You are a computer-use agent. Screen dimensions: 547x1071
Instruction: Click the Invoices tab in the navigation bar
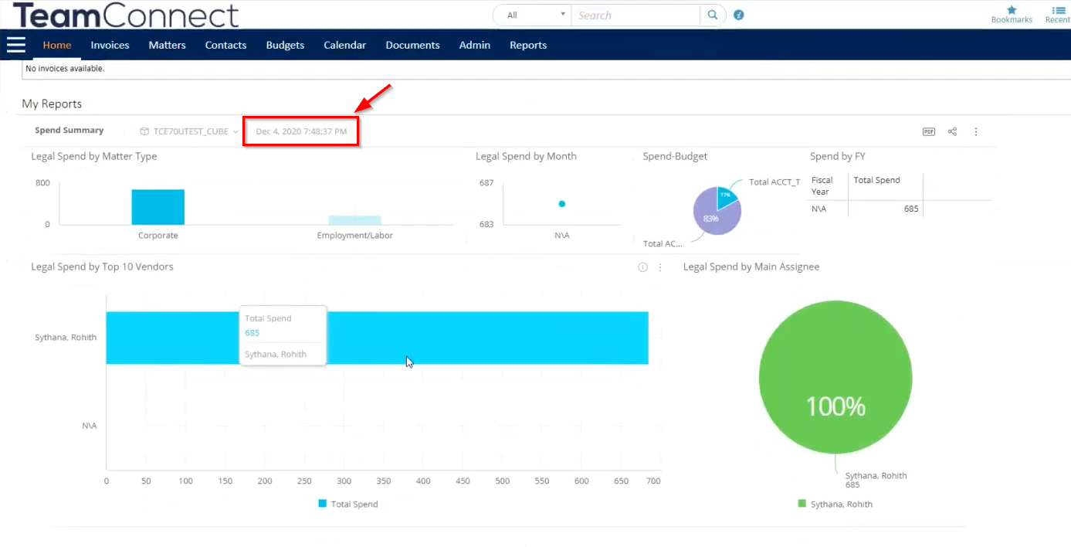point(110,45)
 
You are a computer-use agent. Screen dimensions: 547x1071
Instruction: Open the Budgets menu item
point(285,45)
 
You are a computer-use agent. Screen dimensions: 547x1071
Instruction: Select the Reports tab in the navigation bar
point(528,45)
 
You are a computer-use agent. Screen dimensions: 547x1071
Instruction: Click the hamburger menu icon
point(16,45)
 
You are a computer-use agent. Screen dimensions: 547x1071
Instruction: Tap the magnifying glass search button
point(713,15)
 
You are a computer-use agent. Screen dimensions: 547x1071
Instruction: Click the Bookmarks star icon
point(1012,10)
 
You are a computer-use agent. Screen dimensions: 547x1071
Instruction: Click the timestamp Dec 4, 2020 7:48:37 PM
point(301,132)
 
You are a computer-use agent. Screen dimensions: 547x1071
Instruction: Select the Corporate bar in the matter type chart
point(158,207)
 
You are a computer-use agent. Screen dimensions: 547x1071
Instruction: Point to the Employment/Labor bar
point(354,220)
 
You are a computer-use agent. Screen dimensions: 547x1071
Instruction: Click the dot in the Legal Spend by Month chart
point(562,204)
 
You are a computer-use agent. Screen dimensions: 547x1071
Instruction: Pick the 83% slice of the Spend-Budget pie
point(710,219)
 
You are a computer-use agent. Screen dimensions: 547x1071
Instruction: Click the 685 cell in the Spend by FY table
point(911,209)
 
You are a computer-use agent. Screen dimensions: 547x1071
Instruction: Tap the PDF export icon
point(929,131)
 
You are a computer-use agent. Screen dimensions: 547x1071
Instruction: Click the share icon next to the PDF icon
point(952,131)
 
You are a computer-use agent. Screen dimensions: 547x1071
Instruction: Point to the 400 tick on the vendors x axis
point(423,481)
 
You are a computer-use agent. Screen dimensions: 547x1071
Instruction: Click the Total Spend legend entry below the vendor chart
point(348,504)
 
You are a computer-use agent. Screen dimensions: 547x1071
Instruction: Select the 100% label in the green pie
point(835,406)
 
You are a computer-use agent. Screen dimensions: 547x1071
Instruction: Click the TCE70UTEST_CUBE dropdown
point(189,131)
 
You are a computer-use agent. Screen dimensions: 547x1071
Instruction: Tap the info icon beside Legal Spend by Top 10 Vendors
point(642,267)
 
